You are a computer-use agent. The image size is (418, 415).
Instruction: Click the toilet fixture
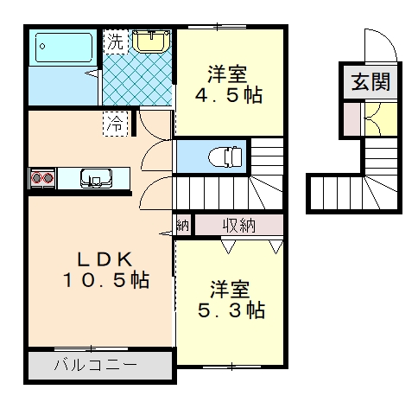(225, 156)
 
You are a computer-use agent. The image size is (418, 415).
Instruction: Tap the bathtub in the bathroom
(64, 48)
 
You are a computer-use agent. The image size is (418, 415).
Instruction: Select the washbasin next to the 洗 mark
(151, 41)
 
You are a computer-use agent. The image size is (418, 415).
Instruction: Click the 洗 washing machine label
(116, 42)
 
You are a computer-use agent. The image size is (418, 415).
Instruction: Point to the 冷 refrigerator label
(115, 124)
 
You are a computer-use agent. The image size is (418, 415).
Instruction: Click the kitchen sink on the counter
(96, 178)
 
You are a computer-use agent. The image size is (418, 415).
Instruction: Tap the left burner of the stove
(36, 178)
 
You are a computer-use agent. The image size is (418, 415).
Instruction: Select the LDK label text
(104, 259)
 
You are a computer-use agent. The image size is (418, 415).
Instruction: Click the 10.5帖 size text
(106, 280)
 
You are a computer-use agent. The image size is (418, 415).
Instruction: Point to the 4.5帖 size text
(229, 95)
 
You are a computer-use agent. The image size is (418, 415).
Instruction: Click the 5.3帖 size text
(231, 310)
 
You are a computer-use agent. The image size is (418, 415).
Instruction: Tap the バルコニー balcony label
(96, 365)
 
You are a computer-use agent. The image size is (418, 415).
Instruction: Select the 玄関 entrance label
(370, 81)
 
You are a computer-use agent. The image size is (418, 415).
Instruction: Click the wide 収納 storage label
(239, 225)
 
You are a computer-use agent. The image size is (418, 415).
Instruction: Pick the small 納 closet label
(183, 225)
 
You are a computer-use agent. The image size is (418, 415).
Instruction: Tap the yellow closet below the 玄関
(381, 118)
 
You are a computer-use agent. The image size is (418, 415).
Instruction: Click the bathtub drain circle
(42, 46)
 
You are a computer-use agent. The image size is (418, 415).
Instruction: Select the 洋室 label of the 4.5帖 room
(227, 74)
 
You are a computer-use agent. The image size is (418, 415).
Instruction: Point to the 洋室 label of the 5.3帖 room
(230, 290)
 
